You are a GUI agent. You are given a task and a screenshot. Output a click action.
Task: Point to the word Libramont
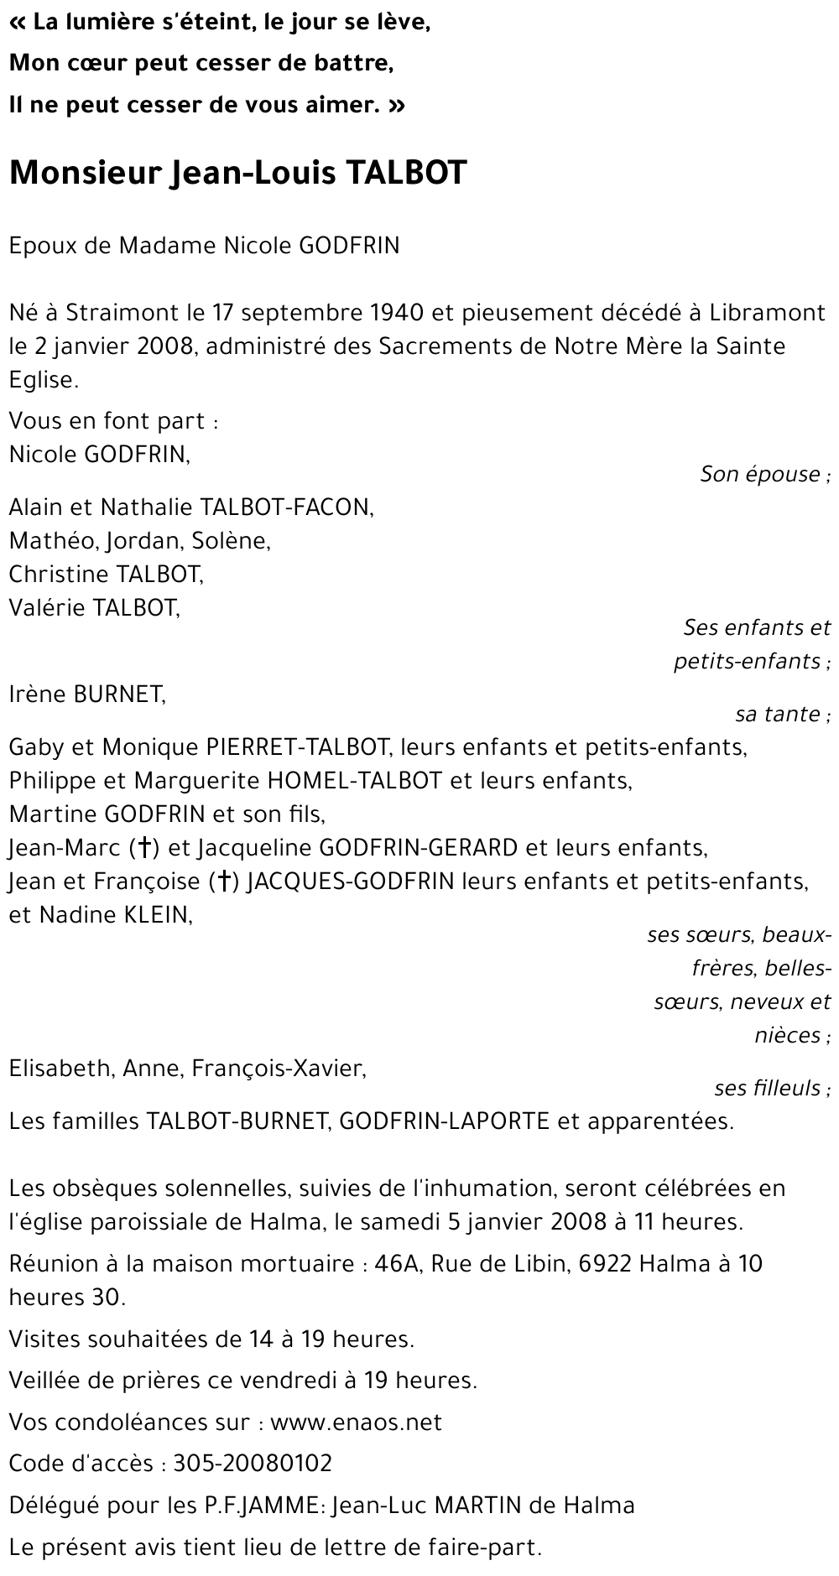tap(768, 313)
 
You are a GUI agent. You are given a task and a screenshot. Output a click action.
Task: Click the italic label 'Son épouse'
tap(760, 475)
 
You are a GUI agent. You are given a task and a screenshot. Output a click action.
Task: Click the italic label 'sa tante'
tap(778, 715)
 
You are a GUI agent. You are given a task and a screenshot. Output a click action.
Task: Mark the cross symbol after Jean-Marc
tap(145, 848)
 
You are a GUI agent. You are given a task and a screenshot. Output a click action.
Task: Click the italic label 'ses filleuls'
tap(768, 1089)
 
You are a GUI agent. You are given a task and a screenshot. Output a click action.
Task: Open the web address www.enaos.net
tap(356, 1423)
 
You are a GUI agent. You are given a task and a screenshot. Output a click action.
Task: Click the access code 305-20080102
tap(253, 1464)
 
